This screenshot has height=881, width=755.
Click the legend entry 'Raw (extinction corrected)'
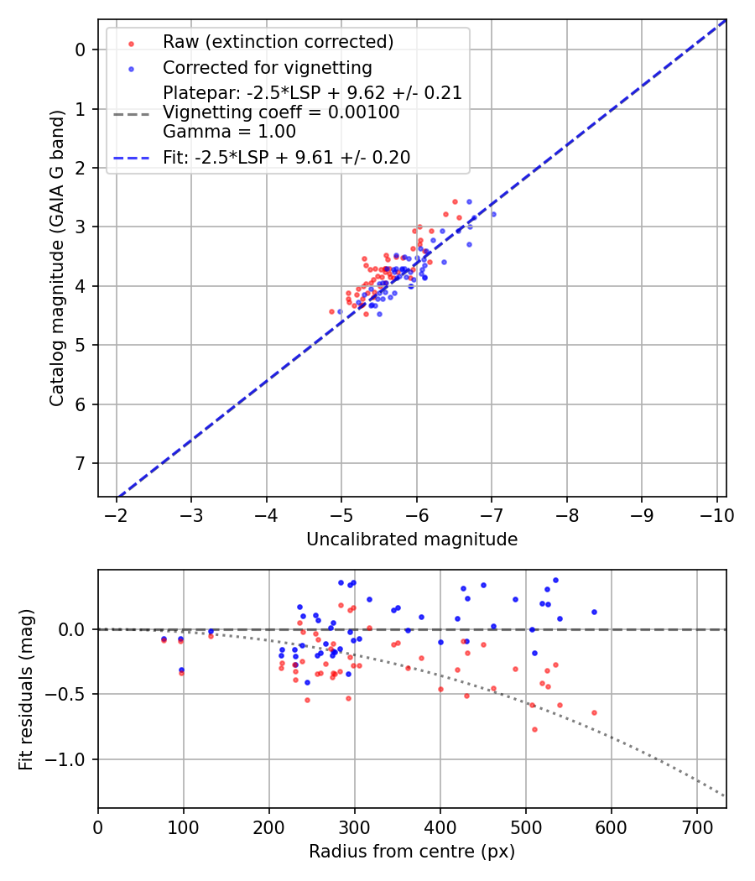click(x=278, y=41)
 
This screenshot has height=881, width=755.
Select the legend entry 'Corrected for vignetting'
click(x=268, y=67)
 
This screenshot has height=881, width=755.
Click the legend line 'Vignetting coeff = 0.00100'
click(x=281, y=112)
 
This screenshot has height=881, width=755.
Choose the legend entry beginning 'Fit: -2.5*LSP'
click(x=286, y=157)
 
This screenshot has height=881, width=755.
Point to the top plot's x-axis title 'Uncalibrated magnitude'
click(x=412, y=540)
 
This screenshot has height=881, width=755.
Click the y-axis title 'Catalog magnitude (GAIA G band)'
click(x=57, y=258)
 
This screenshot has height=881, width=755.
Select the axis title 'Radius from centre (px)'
click(x=412, y=852)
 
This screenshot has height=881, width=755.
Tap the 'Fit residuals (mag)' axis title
click(x=26, y=689)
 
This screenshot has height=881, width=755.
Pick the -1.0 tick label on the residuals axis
click(x=68, y=759)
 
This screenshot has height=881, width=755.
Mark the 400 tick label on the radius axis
click(x=440, y=827)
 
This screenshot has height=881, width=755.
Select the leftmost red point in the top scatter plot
click(x=331, y=311)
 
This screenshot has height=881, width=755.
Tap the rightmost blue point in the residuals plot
click(x=594, y=612)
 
